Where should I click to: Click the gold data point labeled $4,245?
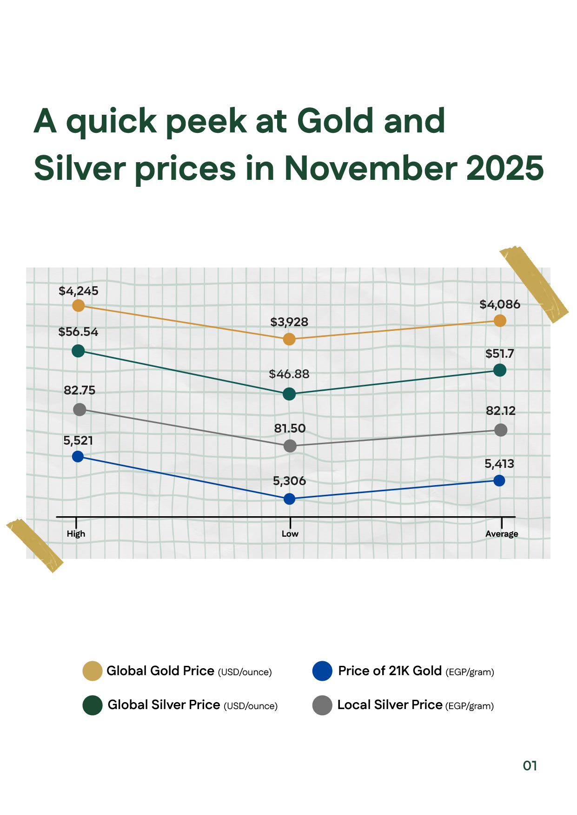[x=79, y=305]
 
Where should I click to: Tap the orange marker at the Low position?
[x=289, y=339]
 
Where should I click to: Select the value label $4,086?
[x=500, y=304]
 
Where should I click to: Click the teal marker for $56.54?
[x=78, y=351]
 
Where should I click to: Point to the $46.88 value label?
[x=289, y=374]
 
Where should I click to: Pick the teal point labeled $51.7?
[x=500, y=370]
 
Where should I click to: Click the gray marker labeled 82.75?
[x=80, y=409]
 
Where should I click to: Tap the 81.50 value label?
[x=290, y=428]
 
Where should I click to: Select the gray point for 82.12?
[x=501, y=430]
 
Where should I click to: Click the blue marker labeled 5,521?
[x=78, y=456]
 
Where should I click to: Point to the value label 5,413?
[x=499, y=464]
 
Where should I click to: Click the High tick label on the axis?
[x=76, y=534]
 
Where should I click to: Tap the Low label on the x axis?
[x=290, y=534]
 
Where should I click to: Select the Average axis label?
[x=501, y=534]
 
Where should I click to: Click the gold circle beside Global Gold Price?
[x=92, y=671]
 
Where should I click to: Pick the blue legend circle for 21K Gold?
[x=322, y=671]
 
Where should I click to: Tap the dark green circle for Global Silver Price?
[x=92, y=705]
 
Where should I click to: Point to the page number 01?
[x=530, y=766]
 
